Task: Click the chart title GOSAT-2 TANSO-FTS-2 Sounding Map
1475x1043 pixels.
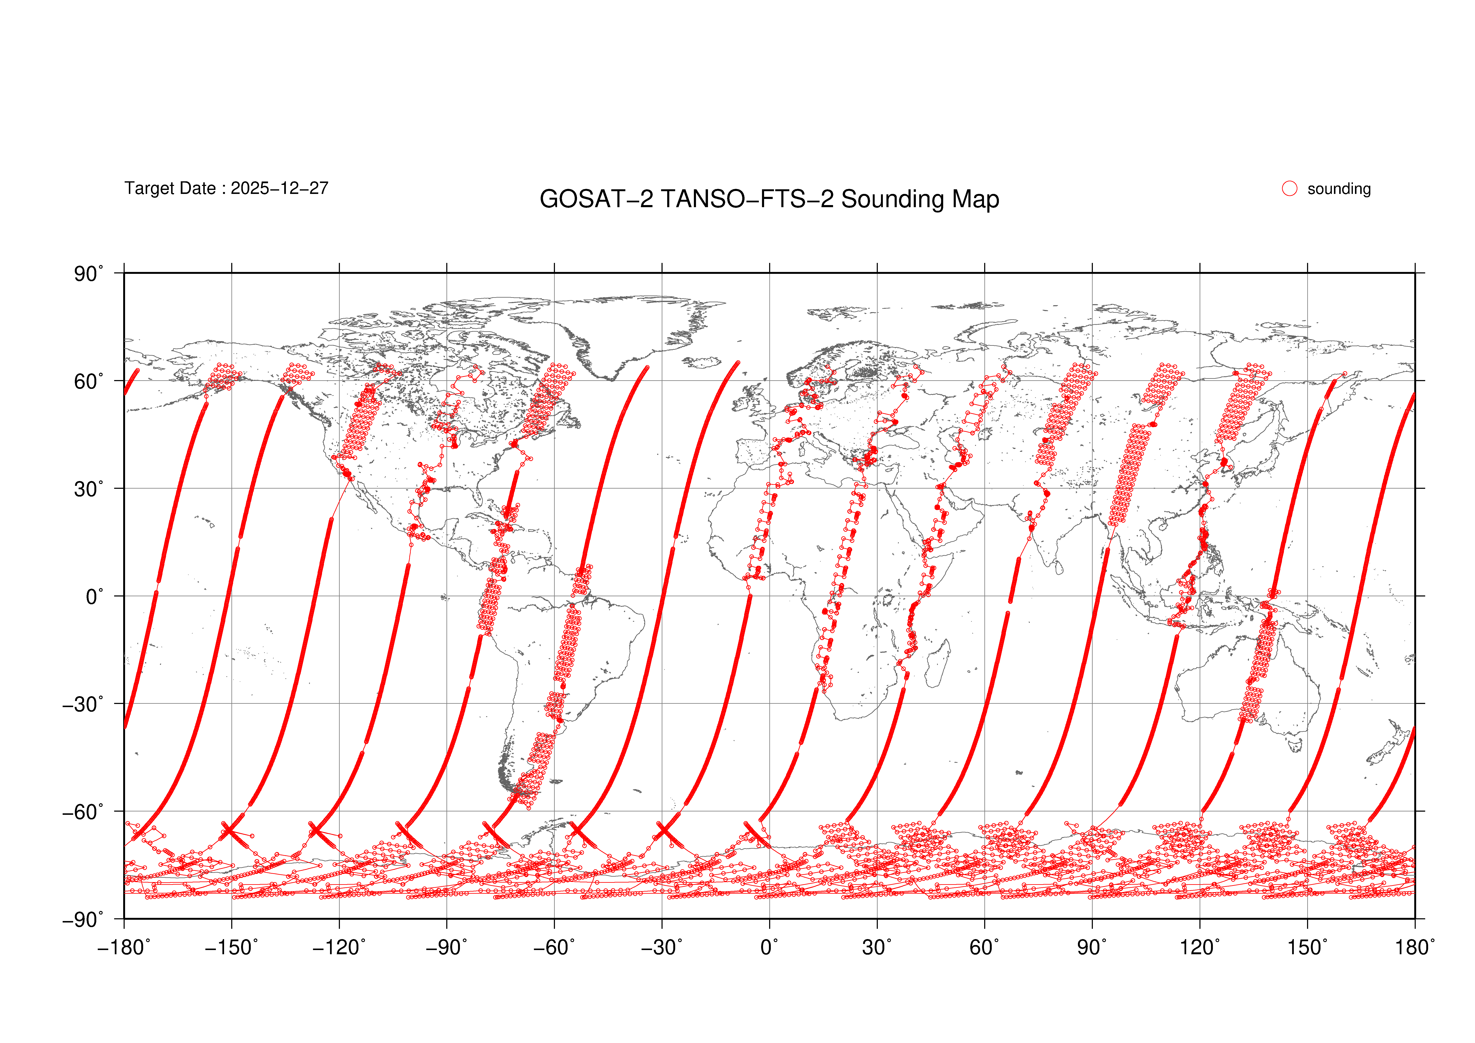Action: (769, 199)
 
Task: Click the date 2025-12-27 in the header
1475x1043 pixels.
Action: (279, 188)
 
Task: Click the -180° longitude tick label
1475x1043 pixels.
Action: (124, 947)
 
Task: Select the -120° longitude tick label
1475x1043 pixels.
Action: (339, 947)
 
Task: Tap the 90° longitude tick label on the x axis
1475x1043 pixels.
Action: (1092, 947)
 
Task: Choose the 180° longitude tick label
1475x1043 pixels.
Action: (1415, 947)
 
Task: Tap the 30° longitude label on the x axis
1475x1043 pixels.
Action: (877, 947)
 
